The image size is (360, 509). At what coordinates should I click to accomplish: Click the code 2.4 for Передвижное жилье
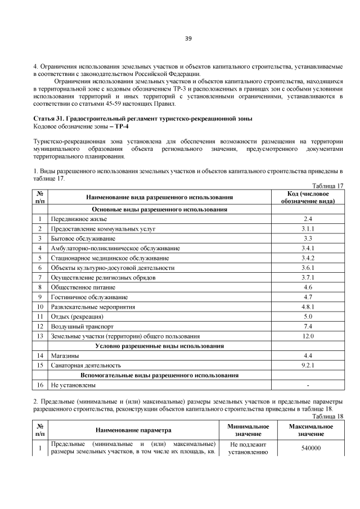coord(308,218)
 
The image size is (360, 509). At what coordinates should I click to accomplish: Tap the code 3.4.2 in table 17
coord(308,258)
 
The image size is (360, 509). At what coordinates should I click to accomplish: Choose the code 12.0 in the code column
coord(308,336)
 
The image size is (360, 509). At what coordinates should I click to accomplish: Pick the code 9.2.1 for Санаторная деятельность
coord(308,366)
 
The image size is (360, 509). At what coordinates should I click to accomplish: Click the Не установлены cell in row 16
coord(73,385)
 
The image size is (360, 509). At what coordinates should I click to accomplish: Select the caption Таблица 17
coord(328,186)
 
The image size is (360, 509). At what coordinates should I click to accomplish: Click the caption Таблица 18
coord(328,416)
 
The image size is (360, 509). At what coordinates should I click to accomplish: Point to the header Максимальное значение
coord(311,431)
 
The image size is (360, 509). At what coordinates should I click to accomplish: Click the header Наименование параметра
coord(133,431)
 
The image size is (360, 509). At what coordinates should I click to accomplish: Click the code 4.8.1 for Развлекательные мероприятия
coord(308,307)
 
